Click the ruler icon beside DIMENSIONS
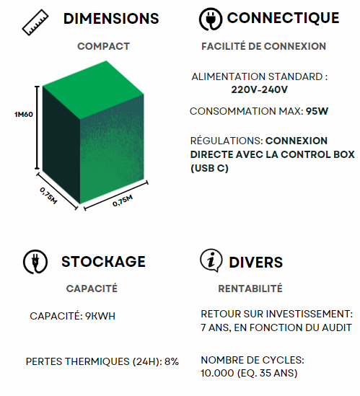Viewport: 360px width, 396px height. point(35,22)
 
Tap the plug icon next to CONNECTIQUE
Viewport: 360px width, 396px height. point(211,19)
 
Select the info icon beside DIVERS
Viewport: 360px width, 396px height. point(211,260)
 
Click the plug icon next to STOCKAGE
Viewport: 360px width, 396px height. point(35,262)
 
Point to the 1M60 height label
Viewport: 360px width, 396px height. point(24,115)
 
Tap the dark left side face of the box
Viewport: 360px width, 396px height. point(61,145)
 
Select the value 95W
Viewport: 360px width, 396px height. point(317,111)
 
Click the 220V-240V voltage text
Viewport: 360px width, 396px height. point(260,89)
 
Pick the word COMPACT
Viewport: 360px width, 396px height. point(104,46)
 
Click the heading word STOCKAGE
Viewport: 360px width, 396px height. point(103,261)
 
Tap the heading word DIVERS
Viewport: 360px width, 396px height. point(256,262)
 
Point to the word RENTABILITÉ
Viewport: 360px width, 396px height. point(250,289)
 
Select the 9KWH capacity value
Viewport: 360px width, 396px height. point(100,316)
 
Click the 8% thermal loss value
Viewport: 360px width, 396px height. point(172,361)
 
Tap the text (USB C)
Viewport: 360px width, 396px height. point(209,168)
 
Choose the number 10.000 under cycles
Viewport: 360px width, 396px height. point(217,373)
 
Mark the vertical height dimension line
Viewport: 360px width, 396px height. point(37,128)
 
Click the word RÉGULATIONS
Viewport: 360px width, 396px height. point(227,141)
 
